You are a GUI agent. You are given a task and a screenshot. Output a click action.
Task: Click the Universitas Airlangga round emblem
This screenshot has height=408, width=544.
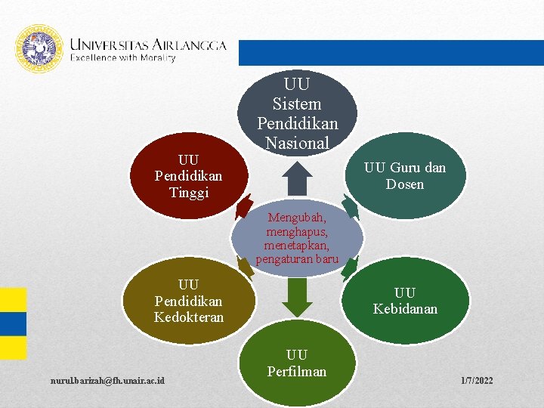[39, 49]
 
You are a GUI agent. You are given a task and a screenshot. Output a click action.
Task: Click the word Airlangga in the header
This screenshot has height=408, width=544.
[188, 45]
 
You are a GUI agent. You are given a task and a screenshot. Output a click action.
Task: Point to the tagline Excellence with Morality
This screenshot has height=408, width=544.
[123, 58]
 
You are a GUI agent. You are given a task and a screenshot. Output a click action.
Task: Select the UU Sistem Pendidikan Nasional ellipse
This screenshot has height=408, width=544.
[298, 113]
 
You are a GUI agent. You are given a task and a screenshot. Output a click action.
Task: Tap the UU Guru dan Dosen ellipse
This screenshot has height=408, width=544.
[404, 176]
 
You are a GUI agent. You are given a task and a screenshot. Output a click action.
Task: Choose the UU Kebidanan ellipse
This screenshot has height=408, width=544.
[404, 301]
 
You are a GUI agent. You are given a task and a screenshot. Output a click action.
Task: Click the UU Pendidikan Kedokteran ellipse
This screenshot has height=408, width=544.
[189, 301]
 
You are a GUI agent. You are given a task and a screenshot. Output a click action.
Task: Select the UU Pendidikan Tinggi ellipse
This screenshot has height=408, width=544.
[189, 176]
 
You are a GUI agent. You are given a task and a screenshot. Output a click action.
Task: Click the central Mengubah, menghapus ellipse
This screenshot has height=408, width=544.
[297, 238]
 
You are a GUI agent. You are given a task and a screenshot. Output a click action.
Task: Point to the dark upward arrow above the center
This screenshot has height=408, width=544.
[298, 178]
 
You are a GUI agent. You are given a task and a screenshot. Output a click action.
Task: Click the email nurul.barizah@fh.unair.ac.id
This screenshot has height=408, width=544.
[109, 379]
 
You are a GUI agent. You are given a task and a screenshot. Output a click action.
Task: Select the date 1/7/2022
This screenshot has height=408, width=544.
[476, 380]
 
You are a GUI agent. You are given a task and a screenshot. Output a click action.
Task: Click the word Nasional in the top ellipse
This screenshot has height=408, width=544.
[297, 142]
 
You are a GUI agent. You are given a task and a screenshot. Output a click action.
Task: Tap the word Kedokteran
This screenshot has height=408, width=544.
[189, 317]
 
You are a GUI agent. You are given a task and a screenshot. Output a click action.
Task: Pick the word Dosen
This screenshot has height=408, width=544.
[405, 184]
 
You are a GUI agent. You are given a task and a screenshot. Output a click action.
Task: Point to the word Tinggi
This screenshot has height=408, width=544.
[189, 192]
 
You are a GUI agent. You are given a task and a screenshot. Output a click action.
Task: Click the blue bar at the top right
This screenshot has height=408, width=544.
[391, 53]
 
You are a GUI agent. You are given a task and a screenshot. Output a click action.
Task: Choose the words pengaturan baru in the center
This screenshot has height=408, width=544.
[297, 260]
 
